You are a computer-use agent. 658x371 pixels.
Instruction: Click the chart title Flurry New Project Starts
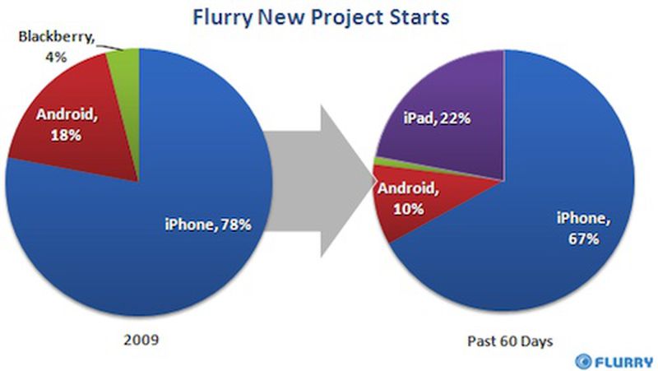point(321,18)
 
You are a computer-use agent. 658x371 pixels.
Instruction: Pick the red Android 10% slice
point(419,197)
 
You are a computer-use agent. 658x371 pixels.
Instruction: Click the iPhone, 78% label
point(208,225)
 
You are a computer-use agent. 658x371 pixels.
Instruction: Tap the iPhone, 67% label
point(584,229)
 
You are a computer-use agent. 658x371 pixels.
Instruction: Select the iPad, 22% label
point(437,118)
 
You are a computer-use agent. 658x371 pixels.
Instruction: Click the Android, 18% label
point(67,125)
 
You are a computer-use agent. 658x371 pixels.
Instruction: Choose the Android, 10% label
point(408,198)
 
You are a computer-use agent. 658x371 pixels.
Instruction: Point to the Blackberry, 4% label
point(56,46)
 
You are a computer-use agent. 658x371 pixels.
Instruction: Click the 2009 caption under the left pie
point(141,339)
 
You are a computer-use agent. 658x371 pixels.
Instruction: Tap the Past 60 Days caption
point(510,341)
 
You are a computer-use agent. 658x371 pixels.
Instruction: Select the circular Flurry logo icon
point(583,361)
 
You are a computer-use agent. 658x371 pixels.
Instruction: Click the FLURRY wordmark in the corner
point(623,362)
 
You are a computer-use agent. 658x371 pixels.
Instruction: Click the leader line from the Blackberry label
point(110,47)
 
